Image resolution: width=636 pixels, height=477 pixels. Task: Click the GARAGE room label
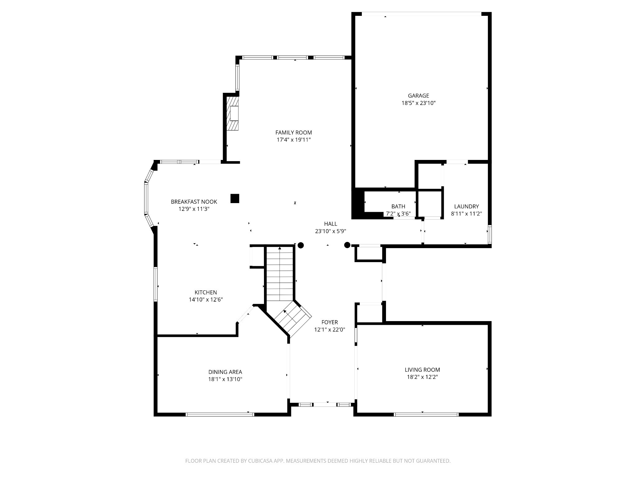(418, 96)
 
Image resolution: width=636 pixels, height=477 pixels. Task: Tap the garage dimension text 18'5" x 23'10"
(418, 103)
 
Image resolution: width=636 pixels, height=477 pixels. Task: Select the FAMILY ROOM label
(293, 133)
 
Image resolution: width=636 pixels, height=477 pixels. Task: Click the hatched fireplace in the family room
(233, 113)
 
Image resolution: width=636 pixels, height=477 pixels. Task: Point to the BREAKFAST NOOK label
(194, 202)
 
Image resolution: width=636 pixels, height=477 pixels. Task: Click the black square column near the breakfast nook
(235, 198)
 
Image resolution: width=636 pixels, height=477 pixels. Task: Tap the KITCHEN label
(206, 293)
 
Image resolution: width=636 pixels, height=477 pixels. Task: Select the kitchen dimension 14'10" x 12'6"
(206, 300)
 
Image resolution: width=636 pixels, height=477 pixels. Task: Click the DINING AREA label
(225, 372)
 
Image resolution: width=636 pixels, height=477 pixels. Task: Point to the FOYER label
(329, 322)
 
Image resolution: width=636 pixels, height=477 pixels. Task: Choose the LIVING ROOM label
(422, 370)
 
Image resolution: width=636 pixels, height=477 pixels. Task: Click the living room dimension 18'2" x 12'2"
(422, 377)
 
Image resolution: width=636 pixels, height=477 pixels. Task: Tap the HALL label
(330, 224)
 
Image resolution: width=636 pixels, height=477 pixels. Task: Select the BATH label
(398, 207)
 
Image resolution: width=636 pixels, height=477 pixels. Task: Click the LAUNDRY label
(466, 207)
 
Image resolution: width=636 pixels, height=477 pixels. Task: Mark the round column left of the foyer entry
(301, 245)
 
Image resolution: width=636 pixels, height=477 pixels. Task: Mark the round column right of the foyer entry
(347, 245)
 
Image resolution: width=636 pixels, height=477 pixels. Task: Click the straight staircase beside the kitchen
(280, 275)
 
